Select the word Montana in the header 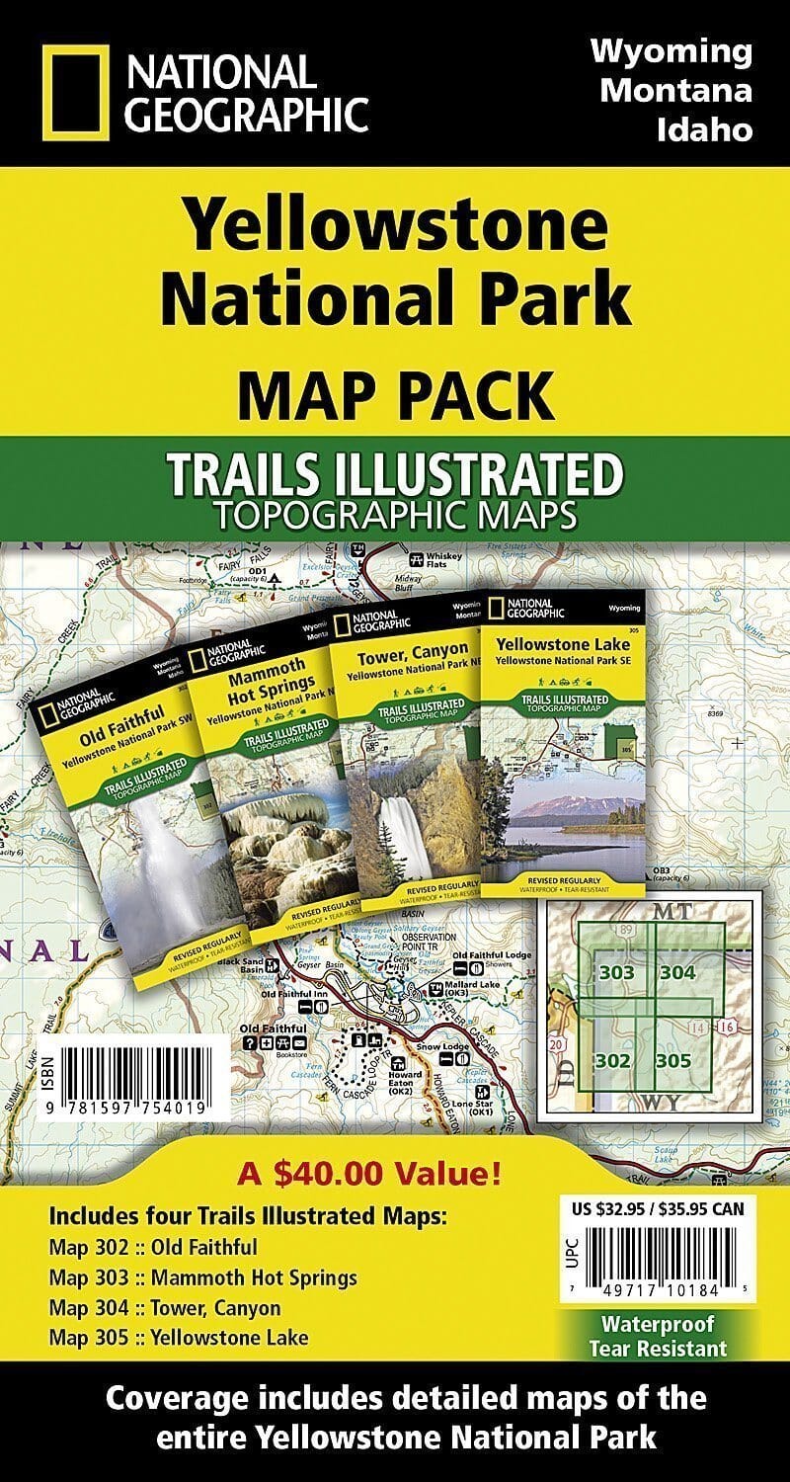tap(676, 90)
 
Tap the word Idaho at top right tap(704, 129)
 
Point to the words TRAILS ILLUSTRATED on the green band tap(395, 475)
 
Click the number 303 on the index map tap(616, 973)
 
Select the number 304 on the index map tap(677, 973)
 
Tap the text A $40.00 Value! tap(368, 1176)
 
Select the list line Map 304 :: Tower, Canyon tap(164, 1308)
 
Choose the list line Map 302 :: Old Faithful tap(152, 1247)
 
